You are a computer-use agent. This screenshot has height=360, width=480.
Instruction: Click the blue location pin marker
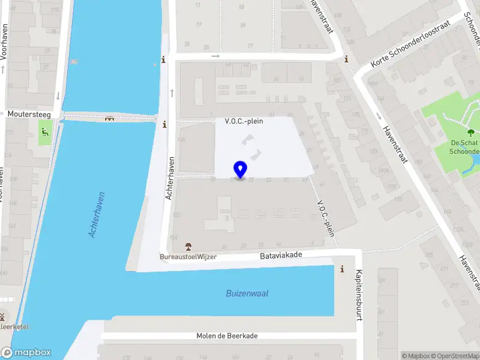coord(241,169)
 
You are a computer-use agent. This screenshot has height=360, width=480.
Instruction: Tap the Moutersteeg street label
coord(29,114)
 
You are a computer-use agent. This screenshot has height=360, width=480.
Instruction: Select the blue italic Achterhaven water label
coord(97,214)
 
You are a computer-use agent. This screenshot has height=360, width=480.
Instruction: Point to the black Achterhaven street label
coord(170,179)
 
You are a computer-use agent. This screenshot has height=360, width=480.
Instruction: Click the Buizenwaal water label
coord(247,293)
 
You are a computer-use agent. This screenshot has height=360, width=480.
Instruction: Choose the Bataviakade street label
coord(281,255)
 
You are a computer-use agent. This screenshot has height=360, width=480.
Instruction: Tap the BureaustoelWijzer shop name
coord(188,257)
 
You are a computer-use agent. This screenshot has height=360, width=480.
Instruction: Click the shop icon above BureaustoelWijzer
coord(188,247)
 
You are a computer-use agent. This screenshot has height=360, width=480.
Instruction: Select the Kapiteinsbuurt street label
coord(359,295)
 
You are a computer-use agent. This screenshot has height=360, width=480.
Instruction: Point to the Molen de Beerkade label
coord(227,336)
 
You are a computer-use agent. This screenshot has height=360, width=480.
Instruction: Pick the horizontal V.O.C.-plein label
coord(244,121)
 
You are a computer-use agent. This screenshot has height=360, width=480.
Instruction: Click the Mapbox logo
coord(26,353)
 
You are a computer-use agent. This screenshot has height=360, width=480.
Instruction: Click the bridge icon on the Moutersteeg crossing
coord(109,118)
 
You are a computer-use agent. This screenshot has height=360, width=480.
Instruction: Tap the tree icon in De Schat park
coord(470,133)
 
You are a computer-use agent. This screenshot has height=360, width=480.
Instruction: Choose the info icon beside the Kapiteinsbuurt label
coord(342,269)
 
